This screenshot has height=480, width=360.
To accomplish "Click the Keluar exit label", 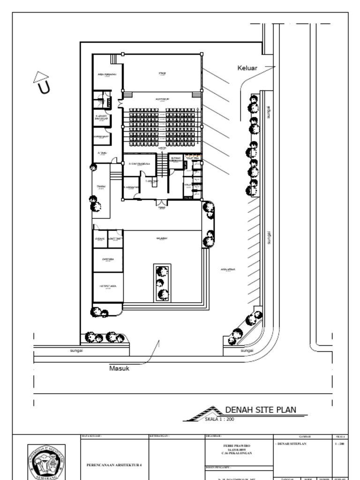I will [x=247, y=68].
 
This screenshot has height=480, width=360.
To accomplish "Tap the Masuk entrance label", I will [x=119, y=368].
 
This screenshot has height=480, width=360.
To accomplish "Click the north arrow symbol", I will [x=42, y=82].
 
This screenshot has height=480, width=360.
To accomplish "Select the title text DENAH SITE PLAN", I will [x=261, y=410].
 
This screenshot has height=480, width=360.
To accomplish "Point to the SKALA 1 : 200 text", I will [x=219, y=419].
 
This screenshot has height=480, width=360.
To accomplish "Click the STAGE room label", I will [x=162, y=74].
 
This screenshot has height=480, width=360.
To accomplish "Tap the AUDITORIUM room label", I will [x=162, y=99].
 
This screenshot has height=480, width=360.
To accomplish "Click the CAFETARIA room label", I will [x=107, y=259].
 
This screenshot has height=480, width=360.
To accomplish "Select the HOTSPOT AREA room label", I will [x=107, y=285].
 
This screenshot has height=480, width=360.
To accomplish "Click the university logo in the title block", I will [x=46, y=461].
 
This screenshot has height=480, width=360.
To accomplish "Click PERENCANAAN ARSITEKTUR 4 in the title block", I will [x=114, y=465].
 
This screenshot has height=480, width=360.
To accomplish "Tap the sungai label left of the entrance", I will [x=76, y=351].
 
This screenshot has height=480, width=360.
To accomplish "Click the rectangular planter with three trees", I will [x=162, y=283].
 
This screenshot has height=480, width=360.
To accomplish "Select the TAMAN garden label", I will [x=101, y=187].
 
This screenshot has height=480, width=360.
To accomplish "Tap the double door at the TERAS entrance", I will [x=162, y=202].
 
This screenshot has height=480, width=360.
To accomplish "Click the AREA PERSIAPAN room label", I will [x=107, y=75].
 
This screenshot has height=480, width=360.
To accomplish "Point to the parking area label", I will [x=228, y=270].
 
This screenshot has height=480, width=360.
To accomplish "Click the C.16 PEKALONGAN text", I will [x=240, y=453].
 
